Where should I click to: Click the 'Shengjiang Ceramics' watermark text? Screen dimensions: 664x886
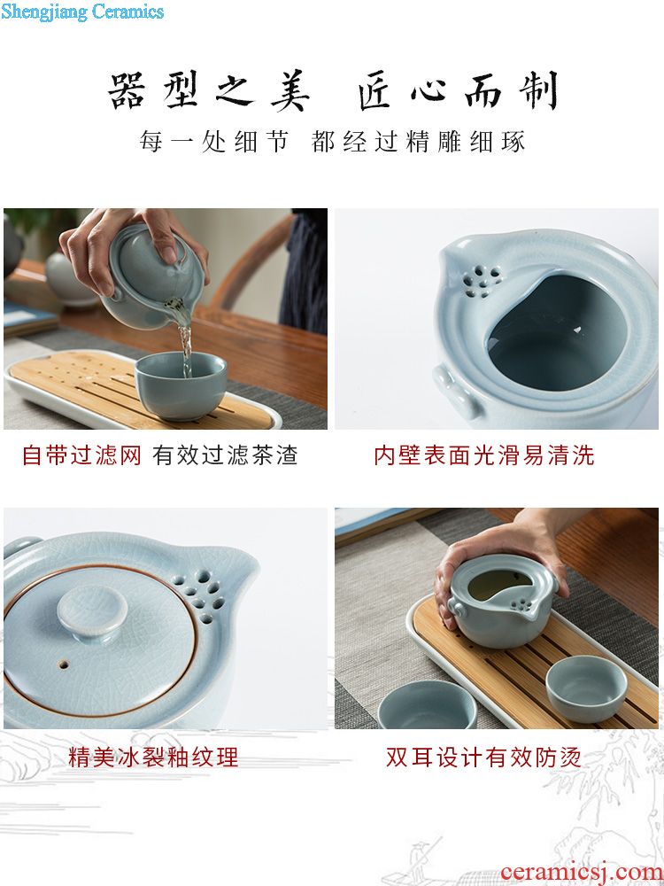(82, 12)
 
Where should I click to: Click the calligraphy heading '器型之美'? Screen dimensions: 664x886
(209, 90)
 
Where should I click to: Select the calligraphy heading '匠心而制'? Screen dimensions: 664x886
(458, 90)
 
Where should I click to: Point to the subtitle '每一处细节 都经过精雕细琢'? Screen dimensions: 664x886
(333, 141)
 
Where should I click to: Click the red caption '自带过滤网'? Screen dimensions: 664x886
(81, 455)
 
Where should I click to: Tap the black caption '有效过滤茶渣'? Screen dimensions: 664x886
(225, 455)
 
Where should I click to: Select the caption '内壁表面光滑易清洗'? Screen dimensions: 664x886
(484, 455)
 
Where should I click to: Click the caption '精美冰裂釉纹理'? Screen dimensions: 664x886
(153, 757)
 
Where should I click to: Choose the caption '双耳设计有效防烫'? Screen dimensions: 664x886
(484, 757)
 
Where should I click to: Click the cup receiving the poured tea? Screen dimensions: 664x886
(181, 386)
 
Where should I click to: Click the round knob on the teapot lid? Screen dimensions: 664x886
(93, 613)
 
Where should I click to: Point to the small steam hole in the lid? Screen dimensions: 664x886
(64, 664)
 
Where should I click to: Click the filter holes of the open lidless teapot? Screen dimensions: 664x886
(483, 281)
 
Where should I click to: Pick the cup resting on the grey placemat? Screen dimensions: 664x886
(428, 704)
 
